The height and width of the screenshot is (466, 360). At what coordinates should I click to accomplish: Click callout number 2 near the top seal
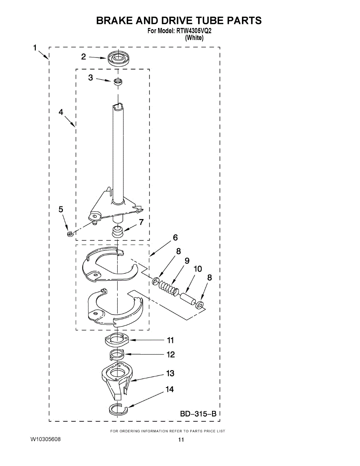point(83,57)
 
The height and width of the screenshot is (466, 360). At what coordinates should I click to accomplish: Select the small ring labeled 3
point(117,82)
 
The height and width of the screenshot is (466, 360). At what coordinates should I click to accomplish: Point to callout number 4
point(61,112)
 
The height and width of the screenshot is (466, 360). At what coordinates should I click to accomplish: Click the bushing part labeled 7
point(117,231)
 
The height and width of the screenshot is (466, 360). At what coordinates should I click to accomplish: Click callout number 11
point(170,341)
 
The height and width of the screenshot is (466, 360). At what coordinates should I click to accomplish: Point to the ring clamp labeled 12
point(116,354)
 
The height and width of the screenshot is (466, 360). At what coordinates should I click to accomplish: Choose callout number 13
point(170,374)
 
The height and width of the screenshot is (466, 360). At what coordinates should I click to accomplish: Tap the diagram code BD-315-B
point(198,414)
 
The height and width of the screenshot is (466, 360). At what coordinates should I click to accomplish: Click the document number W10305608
point(45,439)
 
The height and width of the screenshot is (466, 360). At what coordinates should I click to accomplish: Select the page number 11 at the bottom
point(181,440)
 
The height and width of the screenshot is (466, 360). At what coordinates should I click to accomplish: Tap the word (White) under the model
point(194,38)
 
